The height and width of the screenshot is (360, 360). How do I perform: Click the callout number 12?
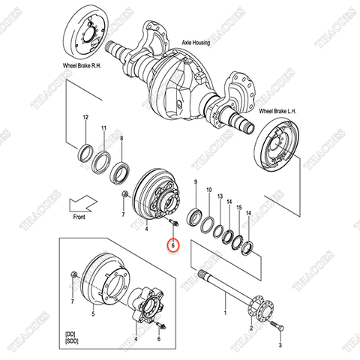[x=86, y=118]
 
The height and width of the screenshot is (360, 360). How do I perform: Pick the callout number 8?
[x=121, y=139]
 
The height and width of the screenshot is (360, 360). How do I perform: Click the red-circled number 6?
[x=172, y=244]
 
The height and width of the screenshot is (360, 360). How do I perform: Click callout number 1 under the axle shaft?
[x=224, y=310]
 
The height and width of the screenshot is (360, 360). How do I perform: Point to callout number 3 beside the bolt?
[x=280, y=346]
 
